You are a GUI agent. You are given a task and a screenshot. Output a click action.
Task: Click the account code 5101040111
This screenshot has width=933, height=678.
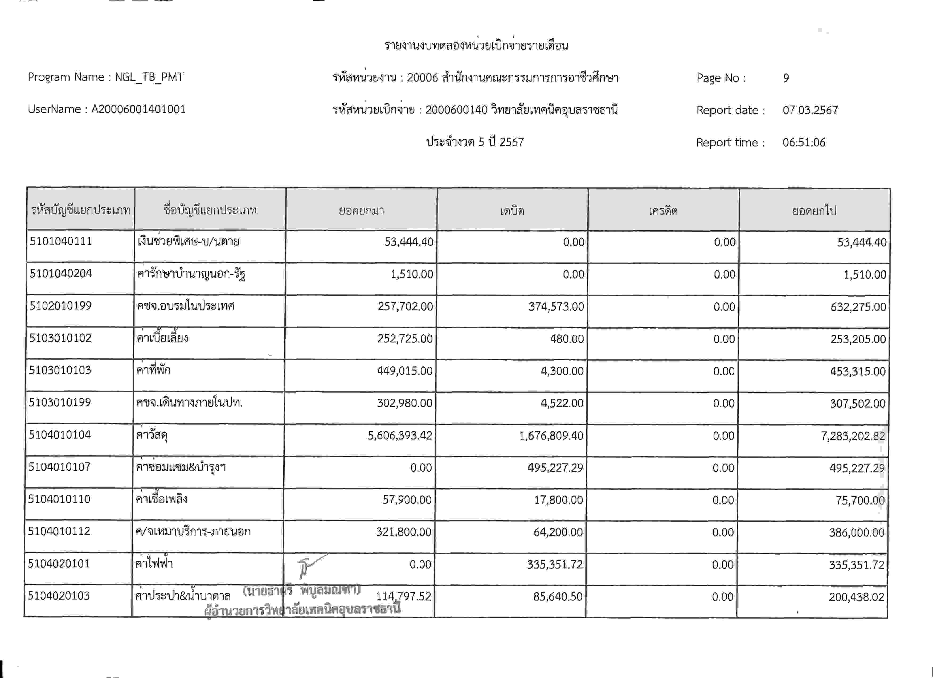pos(60,241)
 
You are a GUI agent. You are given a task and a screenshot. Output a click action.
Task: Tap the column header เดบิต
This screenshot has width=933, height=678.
pos(512,211)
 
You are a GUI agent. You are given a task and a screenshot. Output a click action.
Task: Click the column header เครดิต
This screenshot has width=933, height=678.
pos(663,211)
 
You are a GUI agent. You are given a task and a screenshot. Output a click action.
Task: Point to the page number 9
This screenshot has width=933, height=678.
pos(786,78)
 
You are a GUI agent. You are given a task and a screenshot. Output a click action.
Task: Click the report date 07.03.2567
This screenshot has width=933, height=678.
pos(810,110)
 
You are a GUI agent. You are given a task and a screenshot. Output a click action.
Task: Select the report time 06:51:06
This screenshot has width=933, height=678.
pos(804,142)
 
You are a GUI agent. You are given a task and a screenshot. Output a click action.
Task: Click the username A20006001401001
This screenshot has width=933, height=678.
pos(138,109)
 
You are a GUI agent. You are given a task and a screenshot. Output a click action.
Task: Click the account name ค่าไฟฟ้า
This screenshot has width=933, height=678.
pos(154,563)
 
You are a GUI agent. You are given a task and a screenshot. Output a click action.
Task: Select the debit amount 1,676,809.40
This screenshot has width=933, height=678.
pos(551,435)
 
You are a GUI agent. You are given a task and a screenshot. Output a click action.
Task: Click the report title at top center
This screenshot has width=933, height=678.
pos(476,45)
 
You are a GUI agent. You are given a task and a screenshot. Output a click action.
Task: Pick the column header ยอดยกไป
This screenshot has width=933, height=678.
pos(814,211)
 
